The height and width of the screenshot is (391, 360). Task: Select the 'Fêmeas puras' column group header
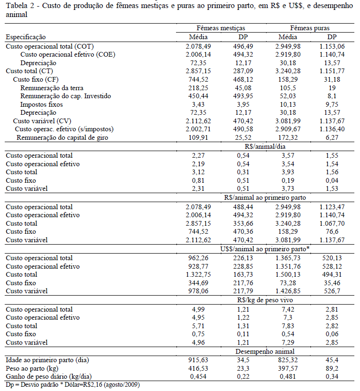point(310,28)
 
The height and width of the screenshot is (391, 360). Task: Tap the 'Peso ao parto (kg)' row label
point(32,368)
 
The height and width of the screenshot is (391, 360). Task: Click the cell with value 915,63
point(199,360)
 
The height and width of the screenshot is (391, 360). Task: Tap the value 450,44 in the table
point(199,96)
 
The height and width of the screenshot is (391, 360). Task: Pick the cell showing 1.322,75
point(199,275)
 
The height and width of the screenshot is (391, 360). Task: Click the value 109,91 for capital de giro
point(199,137)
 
